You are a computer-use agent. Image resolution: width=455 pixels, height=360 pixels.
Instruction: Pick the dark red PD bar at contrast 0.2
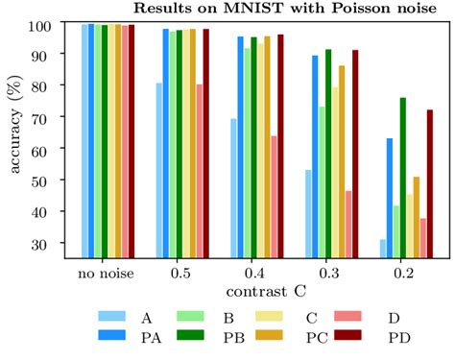pyautogui.click(x=430, y=183)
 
